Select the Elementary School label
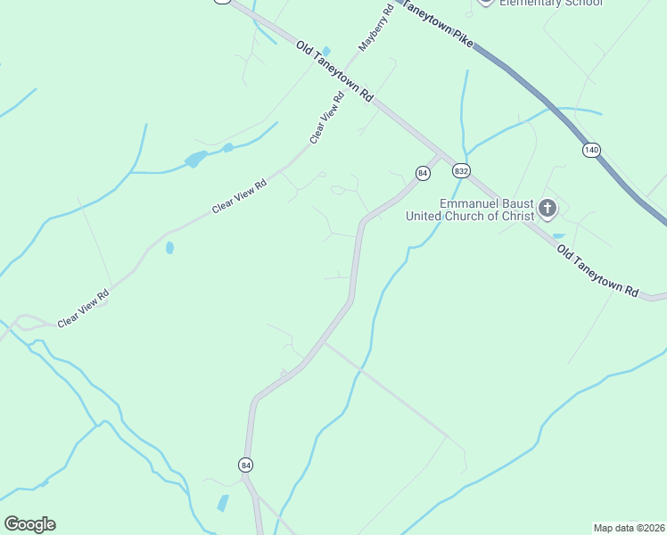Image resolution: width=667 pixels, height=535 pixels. [550, 3]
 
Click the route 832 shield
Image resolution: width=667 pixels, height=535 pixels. [460, 170]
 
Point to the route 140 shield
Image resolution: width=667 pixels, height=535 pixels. [592, 149]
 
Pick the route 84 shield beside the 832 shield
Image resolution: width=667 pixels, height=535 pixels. [423, 171]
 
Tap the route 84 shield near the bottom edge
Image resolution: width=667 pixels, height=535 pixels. [245, 465]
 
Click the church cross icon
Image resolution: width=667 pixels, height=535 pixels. [548, 210]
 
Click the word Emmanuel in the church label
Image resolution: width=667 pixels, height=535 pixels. [470, 203]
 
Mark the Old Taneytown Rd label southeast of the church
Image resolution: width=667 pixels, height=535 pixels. [598, 273]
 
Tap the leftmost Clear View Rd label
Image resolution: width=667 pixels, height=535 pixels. [83, 308]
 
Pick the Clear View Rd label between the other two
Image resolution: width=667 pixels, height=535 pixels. [239, 197]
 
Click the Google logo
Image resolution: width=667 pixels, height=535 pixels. [29, 523]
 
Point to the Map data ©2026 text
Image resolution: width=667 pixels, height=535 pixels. [629, 528]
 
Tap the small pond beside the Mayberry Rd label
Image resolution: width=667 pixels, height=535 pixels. [326, 52]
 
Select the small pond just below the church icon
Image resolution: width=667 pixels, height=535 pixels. [558, 236]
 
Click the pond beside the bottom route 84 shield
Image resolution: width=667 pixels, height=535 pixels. [222, 503]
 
